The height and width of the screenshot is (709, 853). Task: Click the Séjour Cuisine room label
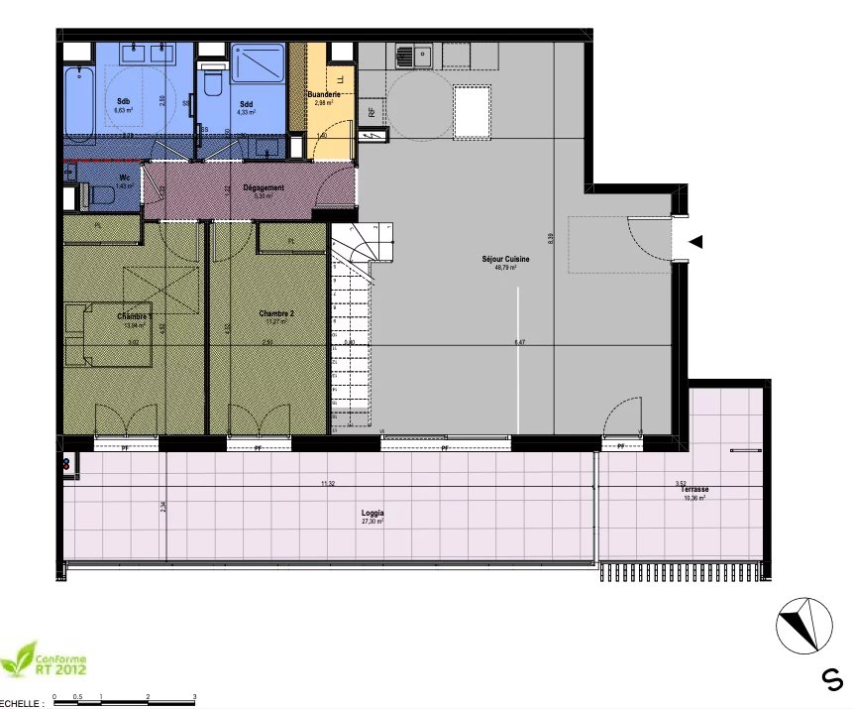coord(505,259)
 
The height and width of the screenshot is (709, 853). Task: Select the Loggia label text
coord(373,513)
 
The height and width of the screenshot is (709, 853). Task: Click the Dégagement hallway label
coord(264,187)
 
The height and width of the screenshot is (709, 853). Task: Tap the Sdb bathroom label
coord(123,102)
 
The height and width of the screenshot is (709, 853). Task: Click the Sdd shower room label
coord(246,103)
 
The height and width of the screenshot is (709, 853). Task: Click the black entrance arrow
coord(696,242)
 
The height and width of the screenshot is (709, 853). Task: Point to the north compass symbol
coord(802,627)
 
